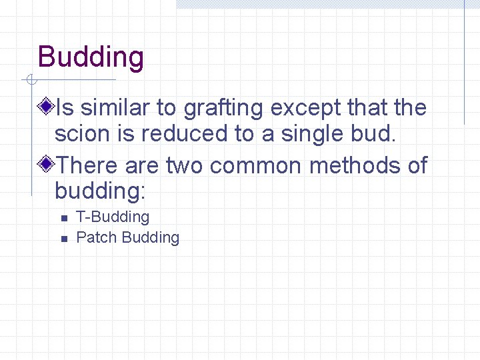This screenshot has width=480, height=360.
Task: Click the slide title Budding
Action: pyautogui.click(x=91, y=57)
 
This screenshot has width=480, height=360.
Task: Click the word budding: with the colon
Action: pyautogui.click(x=100, y=192)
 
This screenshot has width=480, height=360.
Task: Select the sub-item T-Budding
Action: pyautogui.click(x=113, y=217)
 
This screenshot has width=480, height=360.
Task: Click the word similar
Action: pyautogui.click(x=118, y=107)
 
